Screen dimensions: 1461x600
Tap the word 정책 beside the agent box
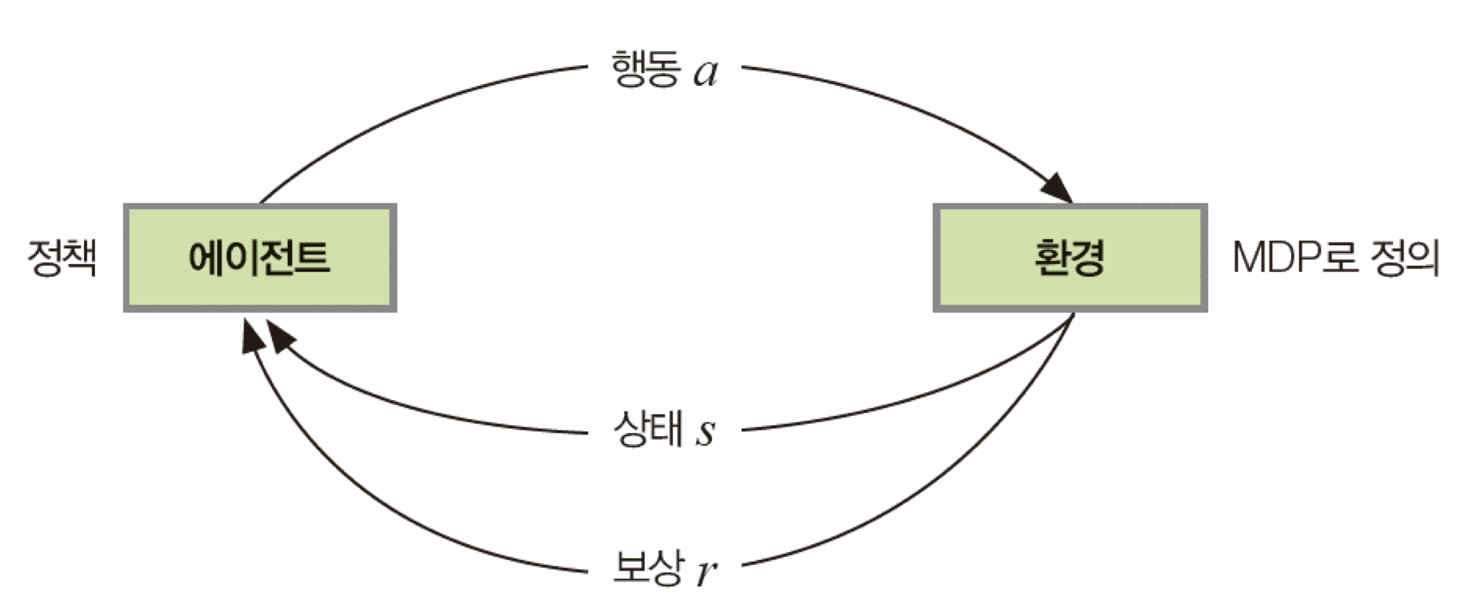coord(62,258)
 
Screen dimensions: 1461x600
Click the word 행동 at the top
coord(646,69)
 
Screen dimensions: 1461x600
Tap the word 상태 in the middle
coord(647,429)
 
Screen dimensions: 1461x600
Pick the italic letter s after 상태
coord(706,432)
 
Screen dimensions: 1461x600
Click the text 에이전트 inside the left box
coord(259,258)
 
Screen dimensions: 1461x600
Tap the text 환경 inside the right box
coord(1070,258)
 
